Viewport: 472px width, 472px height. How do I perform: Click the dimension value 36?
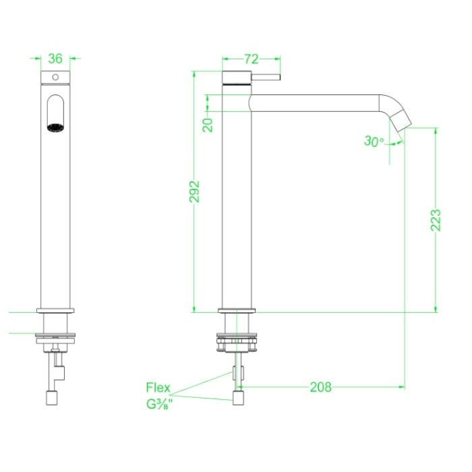[x=55, y=59]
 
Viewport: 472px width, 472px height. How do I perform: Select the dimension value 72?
[x=251, y=59]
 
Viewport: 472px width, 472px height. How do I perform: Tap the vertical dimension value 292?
[x=194, y=191]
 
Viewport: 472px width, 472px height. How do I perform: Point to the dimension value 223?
[x=436, y=220]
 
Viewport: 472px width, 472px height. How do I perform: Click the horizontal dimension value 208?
[x=320, y=387]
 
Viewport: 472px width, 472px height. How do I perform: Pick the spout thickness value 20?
[x=208, y=125]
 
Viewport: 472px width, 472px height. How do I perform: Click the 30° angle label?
[x=374, y=141]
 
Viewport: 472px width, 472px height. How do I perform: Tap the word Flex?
[x=158, y=388]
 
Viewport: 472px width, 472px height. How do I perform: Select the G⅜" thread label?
[x=160, y=404]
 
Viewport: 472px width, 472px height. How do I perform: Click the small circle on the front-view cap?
[x=55, y=77]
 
